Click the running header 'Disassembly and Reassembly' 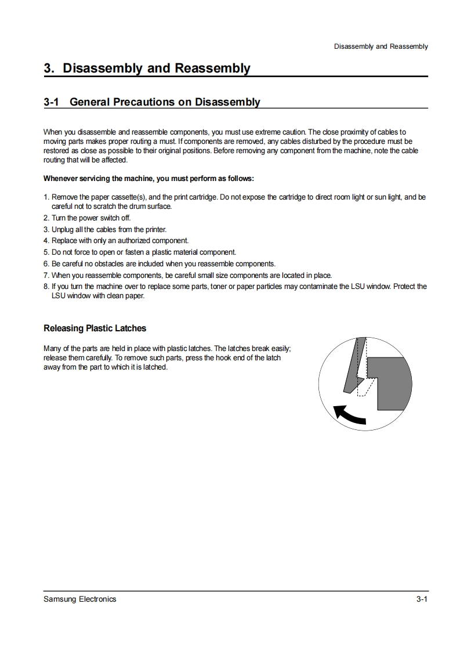pyautogui.click(x=381, y=46)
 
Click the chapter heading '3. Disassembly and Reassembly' pyautogui.click(x=147, y=68)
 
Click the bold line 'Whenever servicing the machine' pyautogui.click(x=148, y=178)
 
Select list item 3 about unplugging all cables pyautogui.click(x=105, y=229)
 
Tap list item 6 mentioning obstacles pyautogui.click(x=160, y=263)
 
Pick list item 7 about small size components pyautogui.click(x=187, y=275)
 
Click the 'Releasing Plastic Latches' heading pyautogui.click(x=95, y=328)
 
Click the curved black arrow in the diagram pyautogui.click(x=349, y=414)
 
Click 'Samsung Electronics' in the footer pyautogui.click(x=79, y=599)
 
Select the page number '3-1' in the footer pyautogui.click(x=422, y=599)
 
